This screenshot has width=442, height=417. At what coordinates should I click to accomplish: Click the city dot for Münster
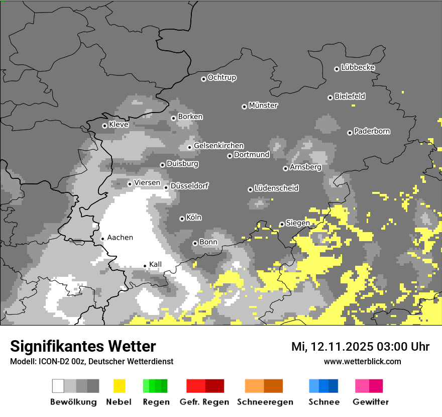(244, 107)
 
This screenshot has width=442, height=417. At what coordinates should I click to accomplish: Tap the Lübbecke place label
(358, 67)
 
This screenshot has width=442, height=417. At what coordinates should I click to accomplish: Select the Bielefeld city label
(350, 96)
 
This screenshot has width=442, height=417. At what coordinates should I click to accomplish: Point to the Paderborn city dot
(350, 133)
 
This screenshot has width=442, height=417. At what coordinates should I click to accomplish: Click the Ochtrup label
(222, 78)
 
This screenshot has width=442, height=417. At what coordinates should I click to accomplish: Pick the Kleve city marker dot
(104, 126)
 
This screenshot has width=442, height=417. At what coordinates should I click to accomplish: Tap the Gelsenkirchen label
(218, 146)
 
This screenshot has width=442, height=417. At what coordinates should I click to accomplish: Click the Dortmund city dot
(230, 156)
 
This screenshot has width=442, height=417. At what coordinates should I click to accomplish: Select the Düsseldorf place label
(189, 186)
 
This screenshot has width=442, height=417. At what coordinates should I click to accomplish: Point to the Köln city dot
(182, 219)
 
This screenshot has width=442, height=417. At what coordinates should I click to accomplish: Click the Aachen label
(120, 238)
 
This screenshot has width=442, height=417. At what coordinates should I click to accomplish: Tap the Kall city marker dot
(145, 266)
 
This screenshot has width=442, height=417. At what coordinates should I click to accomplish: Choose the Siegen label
(298, 223)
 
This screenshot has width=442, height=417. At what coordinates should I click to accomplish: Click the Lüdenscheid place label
(276, 188)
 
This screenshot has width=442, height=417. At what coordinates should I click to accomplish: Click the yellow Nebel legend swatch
(119, 386)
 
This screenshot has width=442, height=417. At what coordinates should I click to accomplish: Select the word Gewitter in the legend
(371, 402)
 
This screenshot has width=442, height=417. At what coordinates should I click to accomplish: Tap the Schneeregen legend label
(264, 402)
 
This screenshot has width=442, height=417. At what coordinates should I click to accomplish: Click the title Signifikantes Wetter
(83, 346)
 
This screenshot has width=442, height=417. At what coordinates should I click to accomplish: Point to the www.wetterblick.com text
(363, 361)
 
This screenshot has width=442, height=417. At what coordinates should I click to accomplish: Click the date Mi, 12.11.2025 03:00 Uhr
(360, 347)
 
